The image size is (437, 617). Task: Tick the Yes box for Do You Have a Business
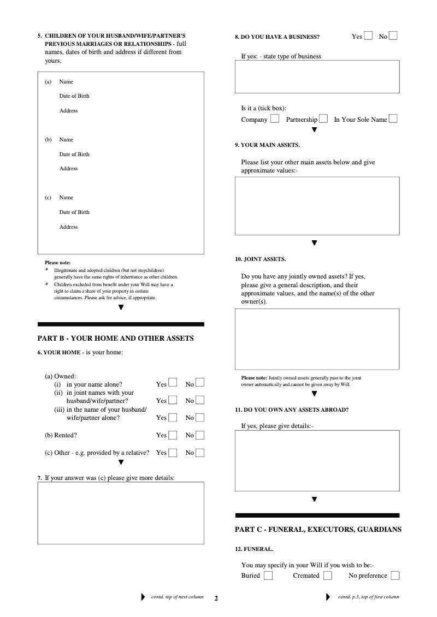pos(369,36)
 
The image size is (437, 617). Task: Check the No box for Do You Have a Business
pos(393,36)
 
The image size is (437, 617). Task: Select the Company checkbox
pos(275,119)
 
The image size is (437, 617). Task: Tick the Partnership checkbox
pos(323,119)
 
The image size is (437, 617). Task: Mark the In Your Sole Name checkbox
pos(393,119)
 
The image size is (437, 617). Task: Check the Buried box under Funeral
pos(268,576)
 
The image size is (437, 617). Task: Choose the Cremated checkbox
pos(327,576)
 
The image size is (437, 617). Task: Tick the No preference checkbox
pos(395,576)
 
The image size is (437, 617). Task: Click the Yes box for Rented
pos(173,435)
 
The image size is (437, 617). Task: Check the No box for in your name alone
pos(200,383)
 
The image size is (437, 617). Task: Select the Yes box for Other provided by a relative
pos(173,453)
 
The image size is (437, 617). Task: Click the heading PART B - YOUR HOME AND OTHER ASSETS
pos(115,339)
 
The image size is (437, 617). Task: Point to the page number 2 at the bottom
pos(216,598)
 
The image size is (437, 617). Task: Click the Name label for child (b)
pos(66,140)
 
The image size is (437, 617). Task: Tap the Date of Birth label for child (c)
pos(74,212)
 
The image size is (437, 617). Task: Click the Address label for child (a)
pos(69,111)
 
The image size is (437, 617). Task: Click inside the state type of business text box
pos(317,77)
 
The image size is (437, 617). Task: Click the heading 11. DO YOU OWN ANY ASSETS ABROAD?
pos(292,410)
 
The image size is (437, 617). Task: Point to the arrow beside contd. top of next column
pos(144,597)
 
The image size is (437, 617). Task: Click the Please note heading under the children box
pos(58,263)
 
